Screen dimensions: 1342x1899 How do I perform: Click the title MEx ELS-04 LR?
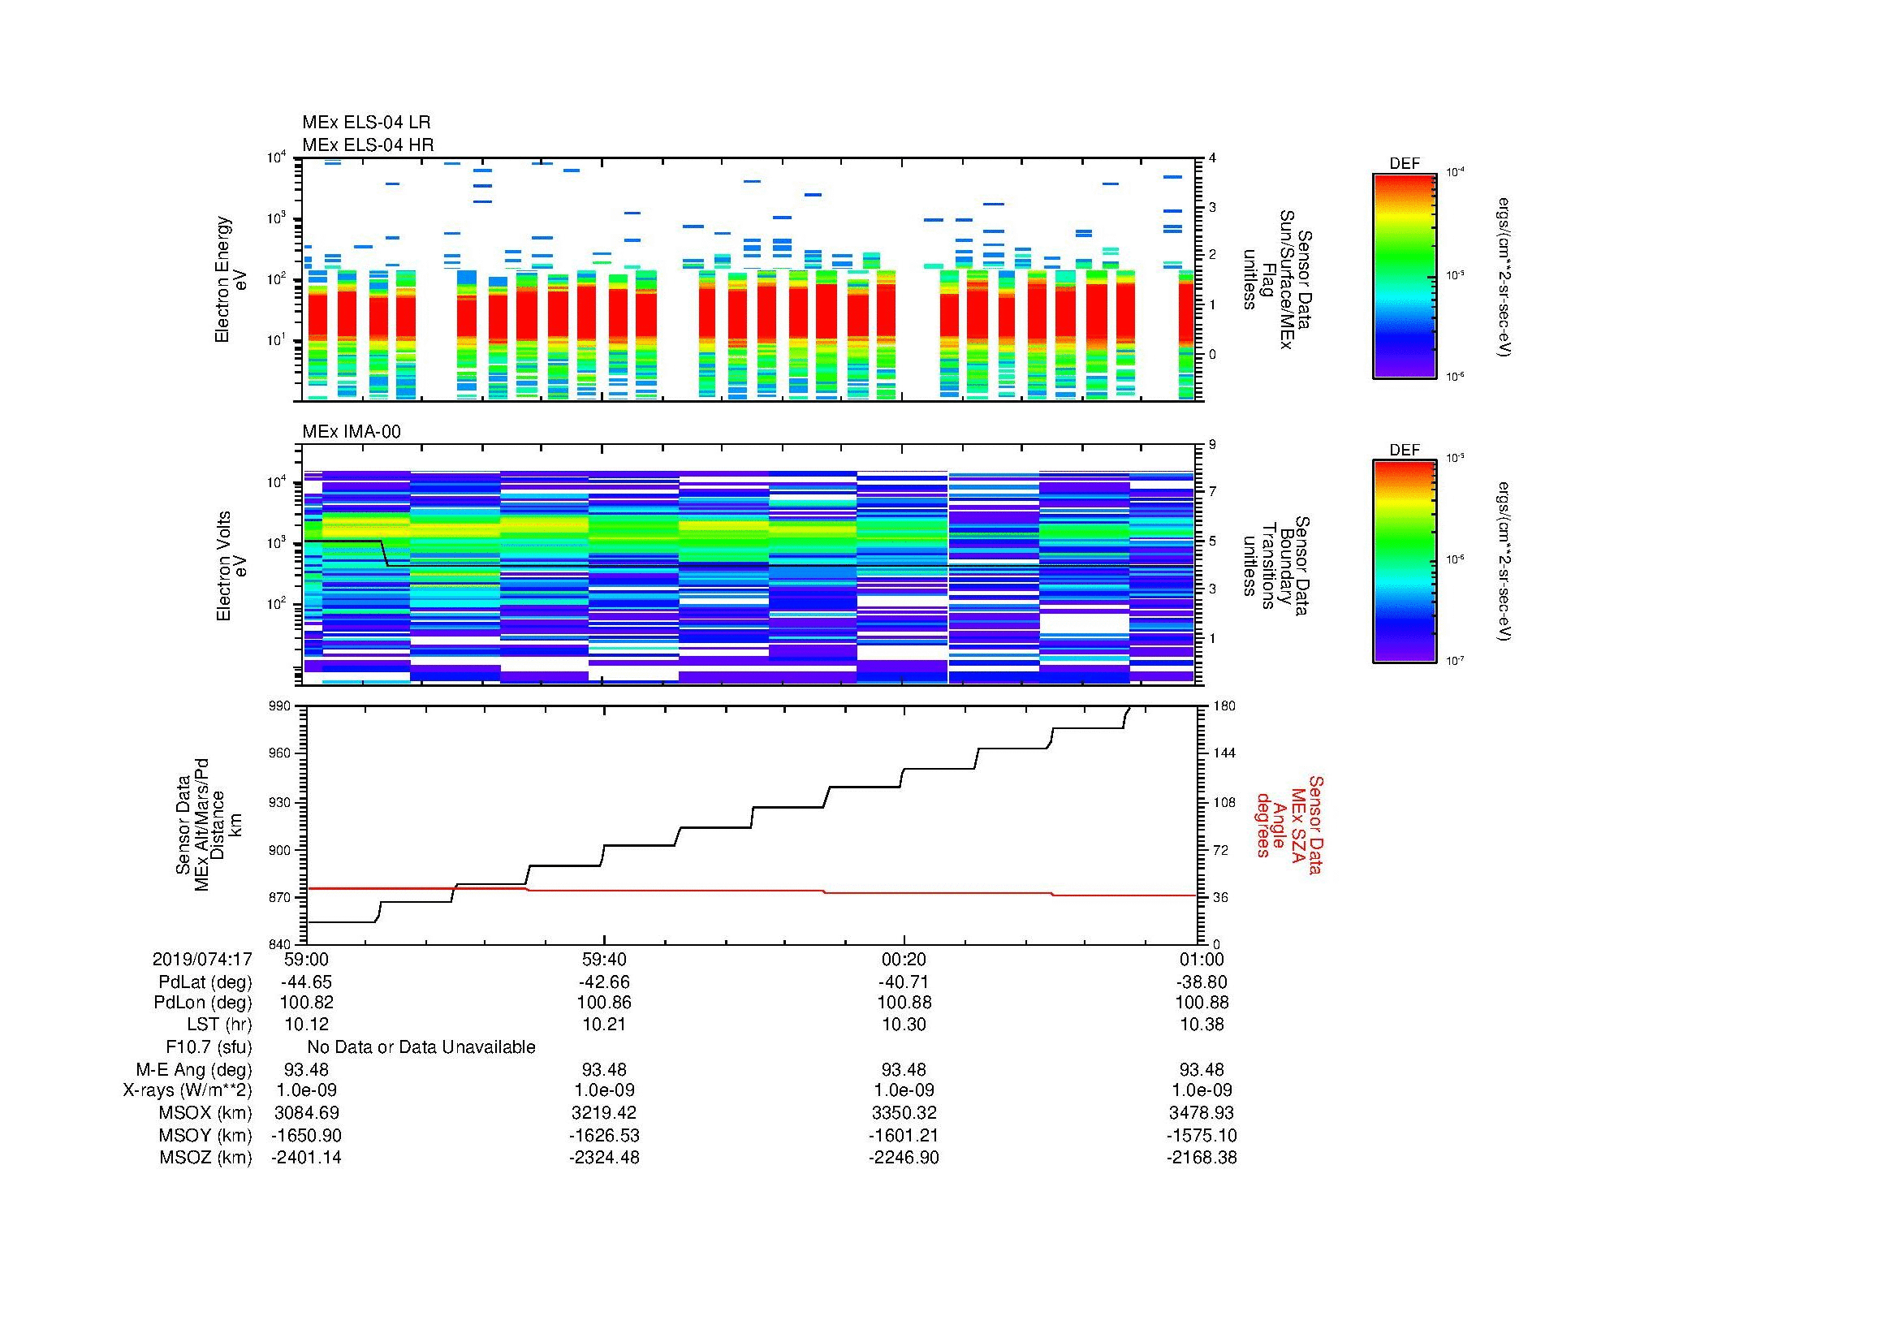pos(365,123)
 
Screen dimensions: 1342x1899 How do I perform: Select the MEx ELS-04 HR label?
pos(367,145)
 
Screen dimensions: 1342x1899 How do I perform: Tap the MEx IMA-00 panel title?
pos(351,432)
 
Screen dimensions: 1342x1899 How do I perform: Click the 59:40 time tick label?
pos(604,959)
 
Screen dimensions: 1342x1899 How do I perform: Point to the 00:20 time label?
pos(904,959)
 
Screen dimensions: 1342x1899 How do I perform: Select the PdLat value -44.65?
pos(306,982)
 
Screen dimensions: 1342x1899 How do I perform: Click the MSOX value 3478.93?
pos(1202,1113)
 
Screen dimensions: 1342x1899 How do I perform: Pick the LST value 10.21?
pos(604,1025)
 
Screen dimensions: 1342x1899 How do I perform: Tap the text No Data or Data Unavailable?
pos(421,1047)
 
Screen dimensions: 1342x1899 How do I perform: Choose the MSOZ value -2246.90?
pos(903,1158)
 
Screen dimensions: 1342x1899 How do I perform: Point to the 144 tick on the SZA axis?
pos(1224,753)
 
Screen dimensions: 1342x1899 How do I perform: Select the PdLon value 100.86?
pos(604,1003)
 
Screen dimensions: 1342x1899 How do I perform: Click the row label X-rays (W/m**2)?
pos(187,1090)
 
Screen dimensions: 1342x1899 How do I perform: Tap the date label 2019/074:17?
pos(202,959)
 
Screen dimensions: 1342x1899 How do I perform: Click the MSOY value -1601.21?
pos(903,1135)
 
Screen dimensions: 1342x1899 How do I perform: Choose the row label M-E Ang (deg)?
pos(193,1069)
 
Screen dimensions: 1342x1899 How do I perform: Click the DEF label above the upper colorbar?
pos(1405,164)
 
